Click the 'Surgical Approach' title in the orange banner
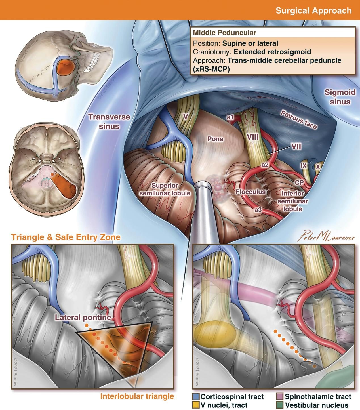pos(313,10)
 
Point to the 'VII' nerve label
pos(296,147)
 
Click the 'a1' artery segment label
pos(230,117)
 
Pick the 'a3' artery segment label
pos(258,210)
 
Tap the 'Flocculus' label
pos(250,192)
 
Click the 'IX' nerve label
pos(304,165)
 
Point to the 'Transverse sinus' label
pos(109,121)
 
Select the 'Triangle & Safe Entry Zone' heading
pos(66,237)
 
